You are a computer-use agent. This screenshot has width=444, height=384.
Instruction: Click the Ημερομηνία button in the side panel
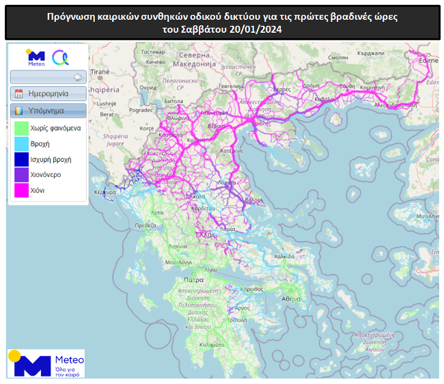48,94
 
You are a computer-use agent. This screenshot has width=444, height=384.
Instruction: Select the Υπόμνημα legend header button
48,110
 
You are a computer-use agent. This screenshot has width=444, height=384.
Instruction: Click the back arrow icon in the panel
77,77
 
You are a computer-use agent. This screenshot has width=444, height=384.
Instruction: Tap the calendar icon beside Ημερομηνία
19,94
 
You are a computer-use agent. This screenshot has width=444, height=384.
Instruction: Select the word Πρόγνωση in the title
70,16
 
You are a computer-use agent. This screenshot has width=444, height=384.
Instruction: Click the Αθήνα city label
292,299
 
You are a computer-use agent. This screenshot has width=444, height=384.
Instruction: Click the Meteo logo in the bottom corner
46,364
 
